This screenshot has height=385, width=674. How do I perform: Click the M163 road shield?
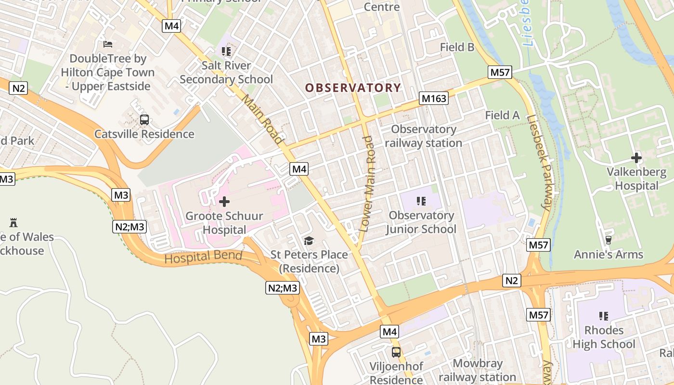pos(434,99)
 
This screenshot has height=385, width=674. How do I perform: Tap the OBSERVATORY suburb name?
pos(353,88)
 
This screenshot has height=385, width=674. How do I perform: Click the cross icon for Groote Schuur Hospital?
pos(224,202)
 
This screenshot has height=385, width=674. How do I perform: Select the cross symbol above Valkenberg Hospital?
pos(636,157)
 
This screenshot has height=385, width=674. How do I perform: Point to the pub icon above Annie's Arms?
pos(608,240)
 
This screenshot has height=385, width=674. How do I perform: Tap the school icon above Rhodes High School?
pos(603,316)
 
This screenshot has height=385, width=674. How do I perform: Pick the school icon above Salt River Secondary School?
pos(226,51)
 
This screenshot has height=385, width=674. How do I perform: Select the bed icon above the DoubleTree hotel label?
pos(108,44)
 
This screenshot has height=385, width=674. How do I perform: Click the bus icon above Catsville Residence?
pos(144,120)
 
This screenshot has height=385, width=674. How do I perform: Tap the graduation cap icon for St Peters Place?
pos(309,241)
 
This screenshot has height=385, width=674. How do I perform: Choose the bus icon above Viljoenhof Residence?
pos(396,352)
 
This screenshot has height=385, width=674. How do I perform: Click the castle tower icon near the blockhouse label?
pos(13,223)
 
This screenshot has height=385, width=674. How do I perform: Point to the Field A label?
pos(502,115)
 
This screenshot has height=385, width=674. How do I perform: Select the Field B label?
pos(457,47)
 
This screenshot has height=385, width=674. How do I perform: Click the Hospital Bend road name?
pos(203,257)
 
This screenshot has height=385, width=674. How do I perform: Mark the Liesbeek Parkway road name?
pos(539,163)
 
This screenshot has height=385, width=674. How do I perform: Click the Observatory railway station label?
pos(423,136)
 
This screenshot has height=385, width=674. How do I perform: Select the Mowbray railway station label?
pos(477,371)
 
